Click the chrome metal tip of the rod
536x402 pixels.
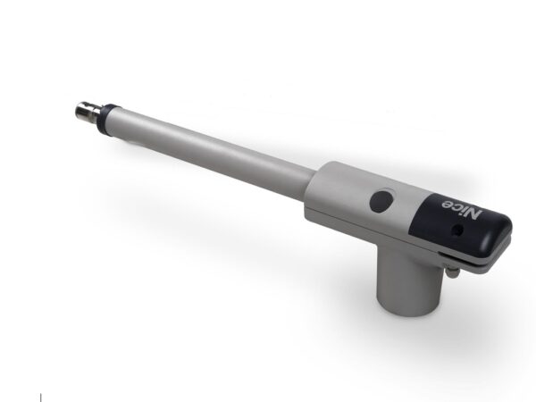88,111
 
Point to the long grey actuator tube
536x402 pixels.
213,153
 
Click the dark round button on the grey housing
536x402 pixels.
382,201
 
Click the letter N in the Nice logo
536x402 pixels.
473,214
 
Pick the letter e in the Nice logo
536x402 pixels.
447,204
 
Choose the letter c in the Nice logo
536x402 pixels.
455,207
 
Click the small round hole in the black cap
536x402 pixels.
456,230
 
